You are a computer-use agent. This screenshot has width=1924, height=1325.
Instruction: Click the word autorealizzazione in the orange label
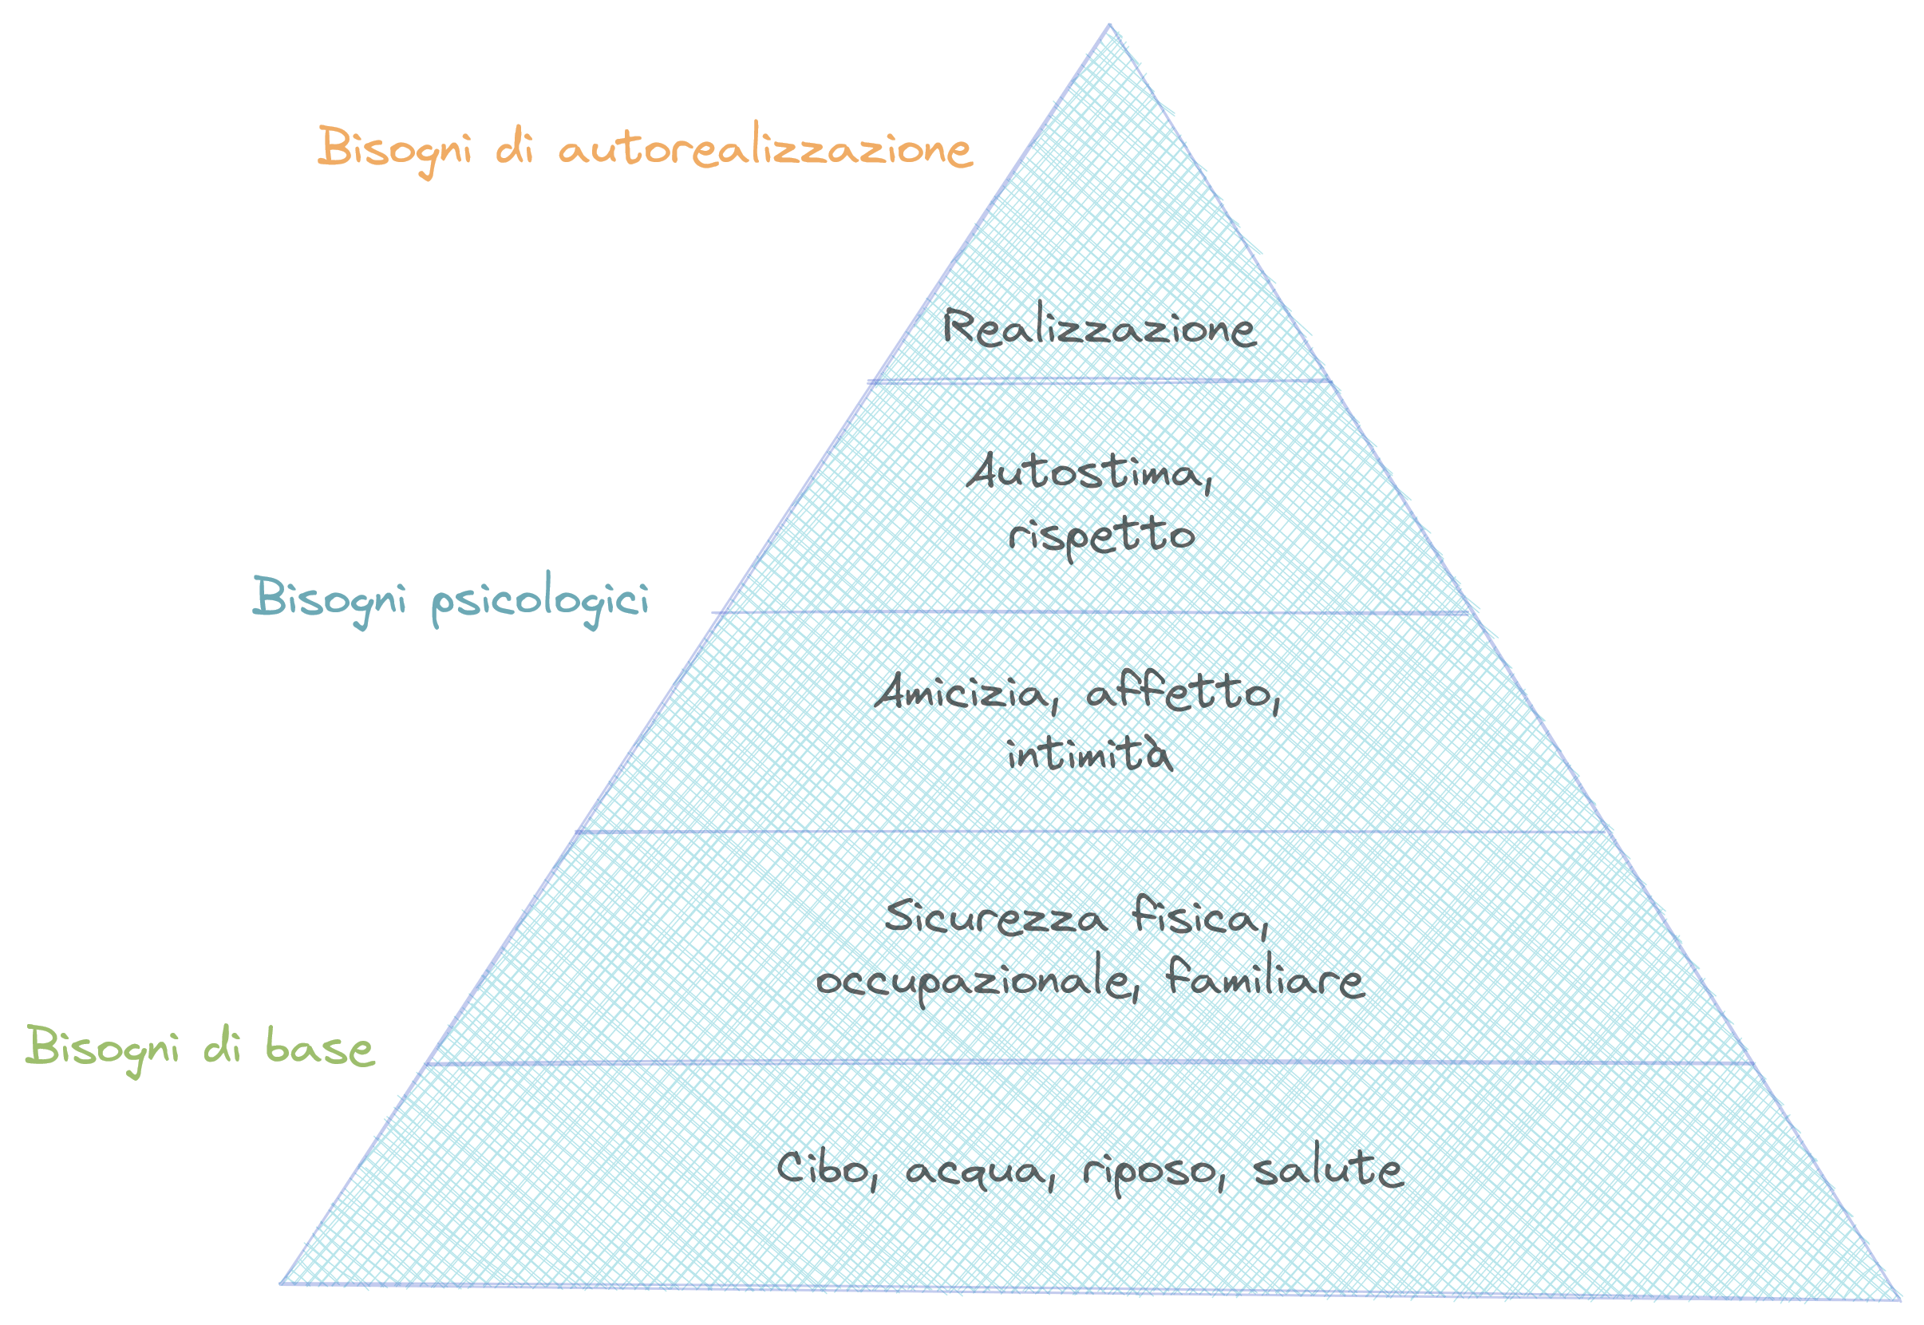(x=764, y=150)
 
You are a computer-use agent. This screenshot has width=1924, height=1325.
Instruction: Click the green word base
(x=319, y=1049)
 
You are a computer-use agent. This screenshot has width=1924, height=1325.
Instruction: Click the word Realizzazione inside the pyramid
(x=1098, y=327)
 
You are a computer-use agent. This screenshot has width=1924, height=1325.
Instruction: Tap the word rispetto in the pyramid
(x=1101, y=536)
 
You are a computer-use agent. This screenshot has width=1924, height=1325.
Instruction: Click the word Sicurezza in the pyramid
(x=993, y=918)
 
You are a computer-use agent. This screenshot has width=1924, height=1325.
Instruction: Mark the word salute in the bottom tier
(x=1328, y=1170)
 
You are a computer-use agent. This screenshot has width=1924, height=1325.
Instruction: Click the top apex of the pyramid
(x=1109, y=26)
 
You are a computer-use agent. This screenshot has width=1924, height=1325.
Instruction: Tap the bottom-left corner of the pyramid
(x=282, y=1283)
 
